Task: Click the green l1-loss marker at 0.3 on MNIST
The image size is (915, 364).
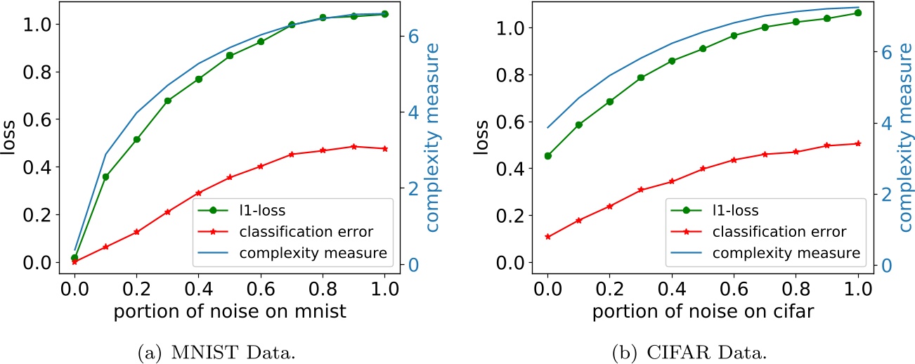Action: point(168,100)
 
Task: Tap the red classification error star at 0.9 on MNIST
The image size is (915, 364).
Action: point(353,146)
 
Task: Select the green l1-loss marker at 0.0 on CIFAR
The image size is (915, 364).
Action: point(547,156)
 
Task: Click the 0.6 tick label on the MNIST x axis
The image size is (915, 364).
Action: point(261,289)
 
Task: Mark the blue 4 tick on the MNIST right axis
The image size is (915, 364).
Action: point(415,112)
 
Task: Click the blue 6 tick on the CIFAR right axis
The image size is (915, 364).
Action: point(887,52)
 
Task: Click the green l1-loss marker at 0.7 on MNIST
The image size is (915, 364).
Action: point(292,25)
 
